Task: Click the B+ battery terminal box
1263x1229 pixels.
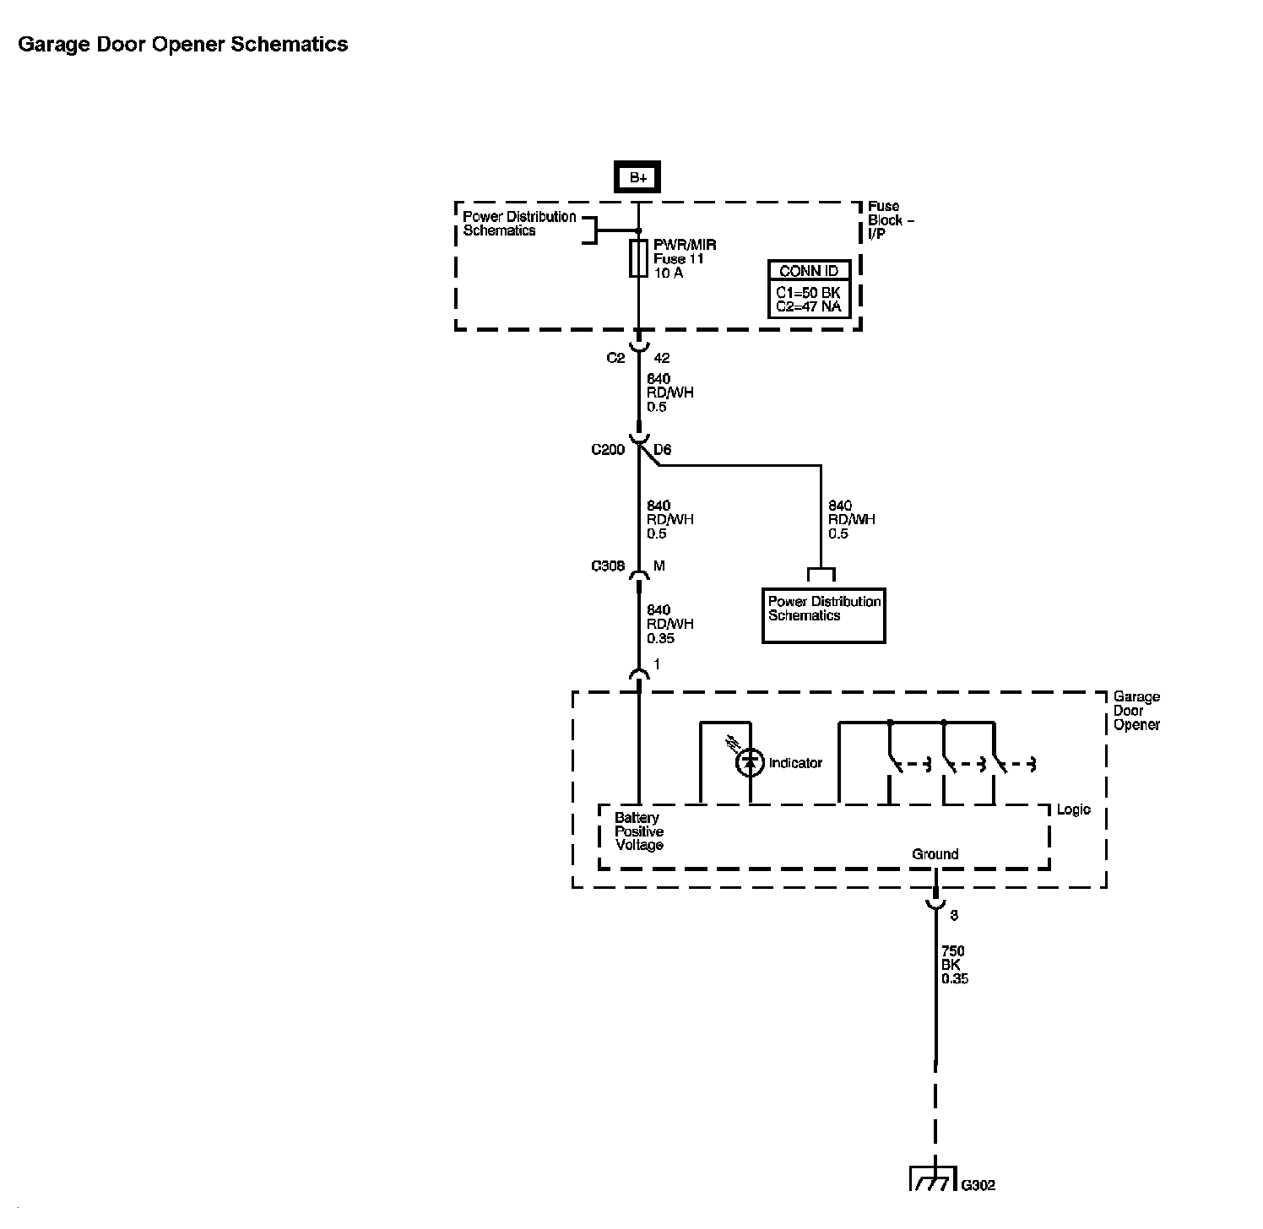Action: [637, 177]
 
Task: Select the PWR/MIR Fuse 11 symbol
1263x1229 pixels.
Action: [638, 258]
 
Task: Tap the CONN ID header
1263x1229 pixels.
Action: [809, 271]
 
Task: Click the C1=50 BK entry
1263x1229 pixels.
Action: [808, 292]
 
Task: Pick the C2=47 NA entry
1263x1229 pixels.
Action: [808, 306]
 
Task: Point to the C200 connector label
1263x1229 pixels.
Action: [608, 450]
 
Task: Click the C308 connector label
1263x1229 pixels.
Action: [608, 566]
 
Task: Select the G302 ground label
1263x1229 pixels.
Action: [978, 1184]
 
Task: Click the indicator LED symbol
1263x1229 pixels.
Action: [750, 762]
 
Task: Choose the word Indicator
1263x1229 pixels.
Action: [795, 763]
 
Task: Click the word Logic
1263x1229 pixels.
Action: [1074, 809]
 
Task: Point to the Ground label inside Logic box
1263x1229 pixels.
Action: [935, 854]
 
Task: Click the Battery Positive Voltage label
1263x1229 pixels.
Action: [639, 831]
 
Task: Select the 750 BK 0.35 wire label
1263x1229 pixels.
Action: [954, 965]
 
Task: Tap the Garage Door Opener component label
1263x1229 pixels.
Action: [1136, 711]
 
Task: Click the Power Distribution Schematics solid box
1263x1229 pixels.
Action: [823, 615]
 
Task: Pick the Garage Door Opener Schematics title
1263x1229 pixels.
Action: [183, 45]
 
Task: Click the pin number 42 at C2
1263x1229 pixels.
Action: [662, 358]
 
